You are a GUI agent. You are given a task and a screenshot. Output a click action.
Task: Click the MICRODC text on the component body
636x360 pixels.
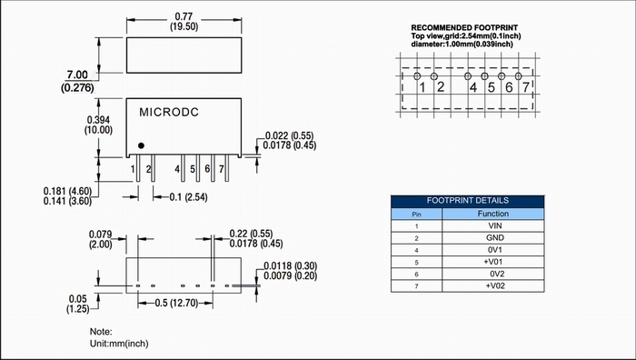[x=169, y=112]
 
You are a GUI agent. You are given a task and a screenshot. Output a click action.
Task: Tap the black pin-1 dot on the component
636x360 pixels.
[x=141, y=145]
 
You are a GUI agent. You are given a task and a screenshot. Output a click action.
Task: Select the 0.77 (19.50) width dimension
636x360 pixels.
[x=184, y=22]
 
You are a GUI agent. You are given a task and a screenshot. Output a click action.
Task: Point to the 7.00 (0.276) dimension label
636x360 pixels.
[x=77, y=81]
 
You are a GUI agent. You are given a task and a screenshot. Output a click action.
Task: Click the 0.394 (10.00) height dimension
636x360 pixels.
[x=98, y=125]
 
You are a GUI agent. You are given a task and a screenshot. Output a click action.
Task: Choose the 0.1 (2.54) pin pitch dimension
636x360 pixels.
[x=188, y=197]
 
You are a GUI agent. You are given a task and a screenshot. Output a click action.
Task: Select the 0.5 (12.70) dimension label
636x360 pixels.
[x=176, y=303]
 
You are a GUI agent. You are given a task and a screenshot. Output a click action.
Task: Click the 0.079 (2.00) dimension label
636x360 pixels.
[x=100, y=239]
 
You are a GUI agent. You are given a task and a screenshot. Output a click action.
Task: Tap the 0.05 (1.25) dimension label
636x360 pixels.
[x=77, y=304]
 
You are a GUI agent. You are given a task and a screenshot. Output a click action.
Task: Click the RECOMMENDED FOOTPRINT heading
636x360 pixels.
[x=464, y=27]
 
